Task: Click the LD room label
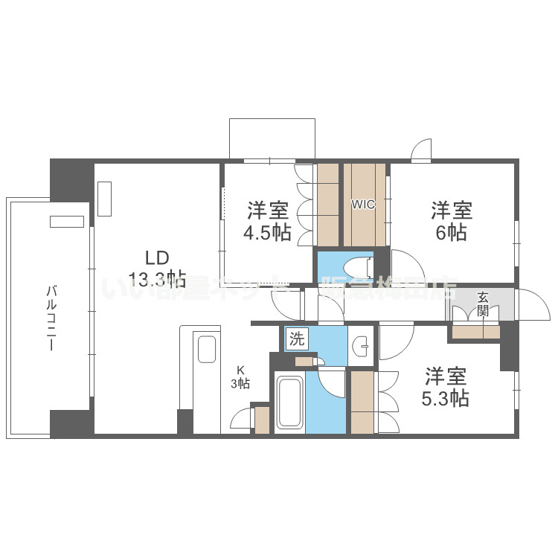(x=156, y=258)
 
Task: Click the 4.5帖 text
(x=266, y=232)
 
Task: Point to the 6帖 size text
(x=452, y=232)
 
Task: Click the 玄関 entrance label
(x=483, y=304)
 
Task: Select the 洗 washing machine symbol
(x=297, y=340)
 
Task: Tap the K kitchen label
(x=240, y=370)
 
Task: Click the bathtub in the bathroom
(x=289, y=403)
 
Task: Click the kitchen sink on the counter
(x=206, y=349)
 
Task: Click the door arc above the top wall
(x=422, y=149)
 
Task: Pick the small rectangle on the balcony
(x=67, y=221)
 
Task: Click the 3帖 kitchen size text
(x=240, y=384)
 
